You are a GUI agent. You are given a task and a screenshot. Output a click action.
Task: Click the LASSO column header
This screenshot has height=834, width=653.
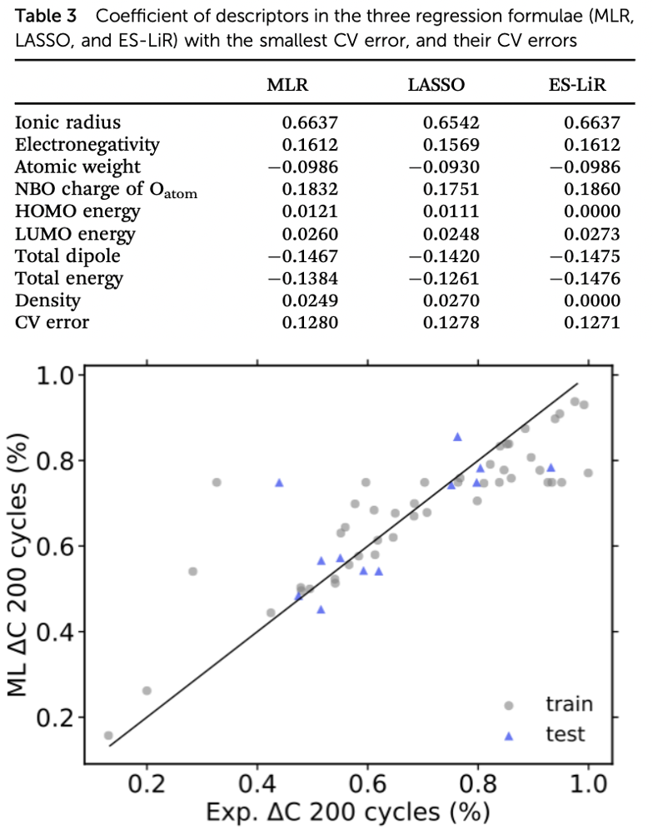436,85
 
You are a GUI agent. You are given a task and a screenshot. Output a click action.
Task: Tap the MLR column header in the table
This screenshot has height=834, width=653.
292,85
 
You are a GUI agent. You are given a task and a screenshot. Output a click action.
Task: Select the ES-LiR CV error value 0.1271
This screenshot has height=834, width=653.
592,322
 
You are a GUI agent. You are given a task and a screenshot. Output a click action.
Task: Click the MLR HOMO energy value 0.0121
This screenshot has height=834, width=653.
310,211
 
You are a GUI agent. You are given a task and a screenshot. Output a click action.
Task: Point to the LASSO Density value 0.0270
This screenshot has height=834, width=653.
451,300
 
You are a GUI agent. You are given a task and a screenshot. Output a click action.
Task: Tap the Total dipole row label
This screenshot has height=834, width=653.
67,256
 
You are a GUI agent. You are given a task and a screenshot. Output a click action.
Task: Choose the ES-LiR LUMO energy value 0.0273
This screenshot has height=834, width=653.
592,234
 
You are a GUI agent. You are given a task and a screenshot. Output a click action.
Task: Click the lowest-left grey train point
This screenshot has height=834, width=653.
108,736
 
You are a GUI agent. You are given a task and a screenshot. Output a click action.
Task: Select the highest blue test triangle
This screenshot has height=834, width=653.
457,436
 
